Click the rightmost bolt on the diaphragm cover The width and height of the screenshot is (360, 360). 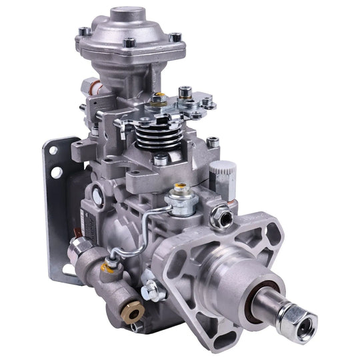tap(175, 37)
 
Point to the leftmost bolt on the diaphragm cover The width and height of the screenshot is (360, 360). tap(83, 31)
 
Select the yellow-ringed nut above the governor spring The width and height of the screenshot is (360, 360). tap(159, 101)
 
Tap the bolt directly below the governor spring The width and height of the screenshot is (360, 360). tap(161, 159)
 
